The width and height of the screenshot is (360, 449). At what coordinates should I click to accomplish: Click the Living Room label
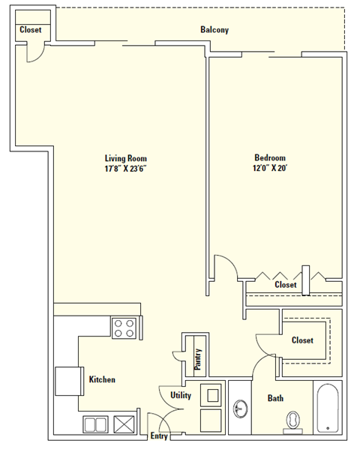[125, 158]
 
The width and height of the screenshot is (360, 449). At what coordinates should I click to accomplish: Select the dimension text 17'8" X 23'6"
[125, 169]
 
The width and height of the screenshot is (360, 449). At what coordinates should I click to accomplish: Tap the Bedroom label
[270, 158]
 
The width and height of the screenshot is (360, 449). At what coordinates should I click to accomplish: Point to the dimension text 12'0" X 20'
[270, 169]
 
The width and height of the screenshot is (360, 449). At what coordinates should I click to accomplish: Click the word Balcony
[214, 30]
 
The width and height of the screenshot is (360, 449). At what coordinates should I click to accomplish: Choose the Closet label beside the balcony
[31, 30]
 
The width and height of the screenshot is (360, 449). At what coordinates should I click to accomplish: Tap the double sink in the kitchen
[95, 424]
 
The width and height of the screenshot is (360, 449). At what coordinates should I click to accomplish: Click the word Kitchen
[102, 380]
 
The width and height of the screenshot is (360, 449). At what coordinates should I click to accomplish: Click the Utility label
[181, 395]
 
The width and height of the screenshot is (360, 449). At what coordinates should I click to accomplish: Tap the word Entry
[159, 436]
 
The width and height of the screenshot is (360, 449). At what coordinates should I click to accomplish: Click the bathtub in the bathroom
[328, 409]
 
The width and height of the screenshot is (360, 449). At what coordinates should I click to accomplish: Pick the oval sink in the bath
[240, 409]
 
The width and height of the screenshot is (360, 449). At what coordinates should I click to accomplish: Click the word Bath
[275, 398]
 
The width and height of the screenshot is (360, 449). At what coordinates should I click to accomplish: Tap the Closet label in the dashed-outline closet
[302, 340]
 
